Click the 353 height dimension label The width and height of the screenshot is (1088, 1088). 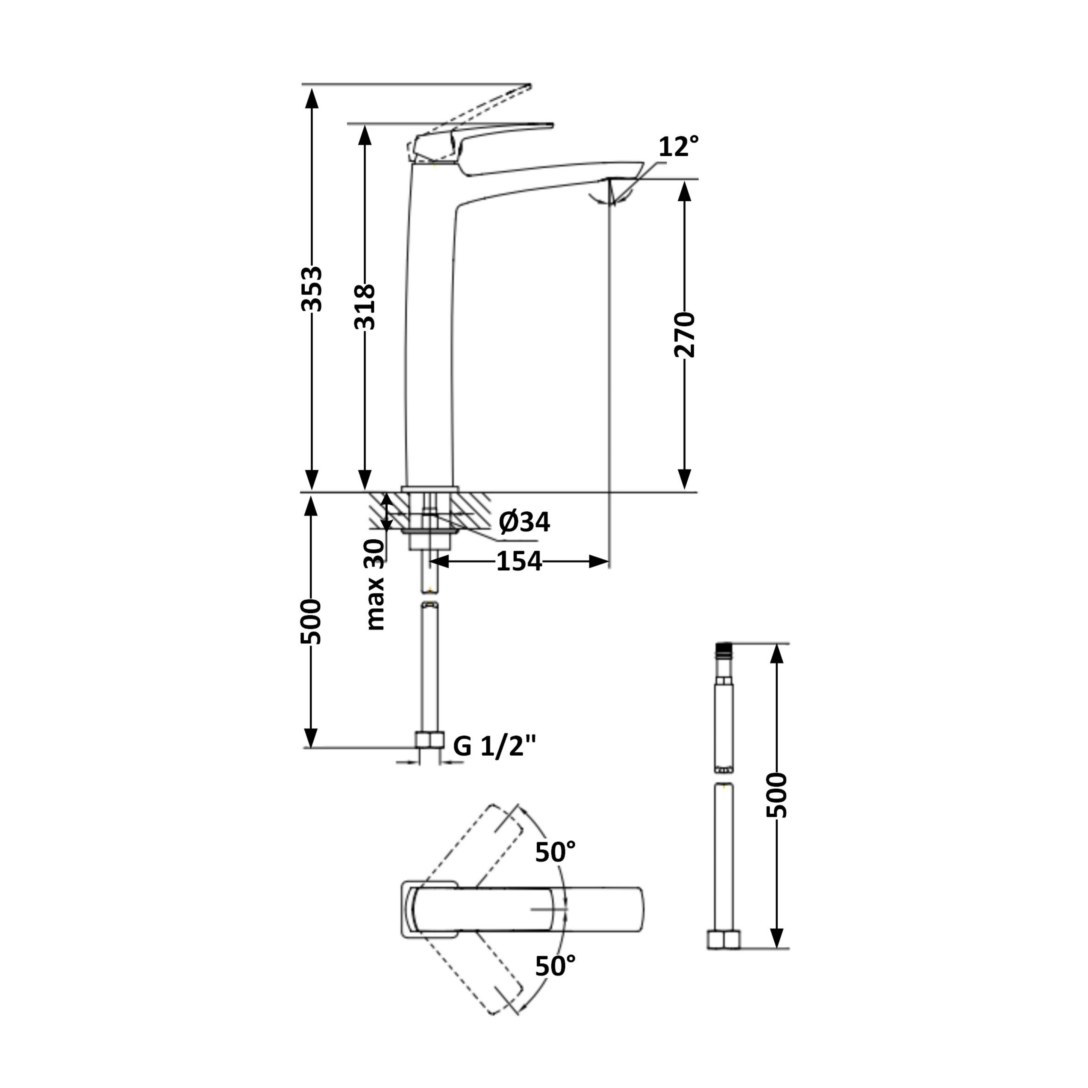coord(311,289)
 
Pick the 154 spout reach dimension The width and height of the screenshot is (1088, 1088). coord(519,561)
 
